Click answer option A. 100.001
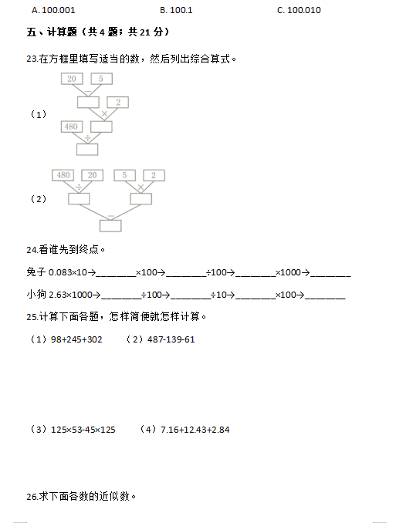pos(53,10)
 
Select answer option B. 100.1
pos(176,10)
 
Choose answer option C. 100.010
pos(299,10)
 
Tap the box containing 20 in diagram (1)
pos(72,79)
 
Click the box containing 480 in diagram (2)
pos(63,175)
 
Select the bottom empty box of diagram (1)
pos(87,150)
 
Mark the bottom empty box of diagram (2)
pos(110,226)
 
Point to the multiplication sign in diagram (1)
pos(104,113)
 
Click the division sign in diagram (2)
pos(79,187)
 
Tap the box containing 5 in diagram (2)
pos(124,175)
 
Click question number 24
pos(32,250)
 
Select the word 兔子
pos(36,272)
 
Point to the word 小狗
pos(36,294)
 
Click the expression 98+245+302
pos(76,339)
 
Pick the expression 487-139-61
pos(171,339)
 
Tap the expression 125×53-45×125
pos(83,430)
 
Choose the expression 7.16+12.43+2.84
pos(195,430)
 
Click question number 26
pos(32,497)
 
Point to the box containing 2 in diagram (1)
pos(118,103)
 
